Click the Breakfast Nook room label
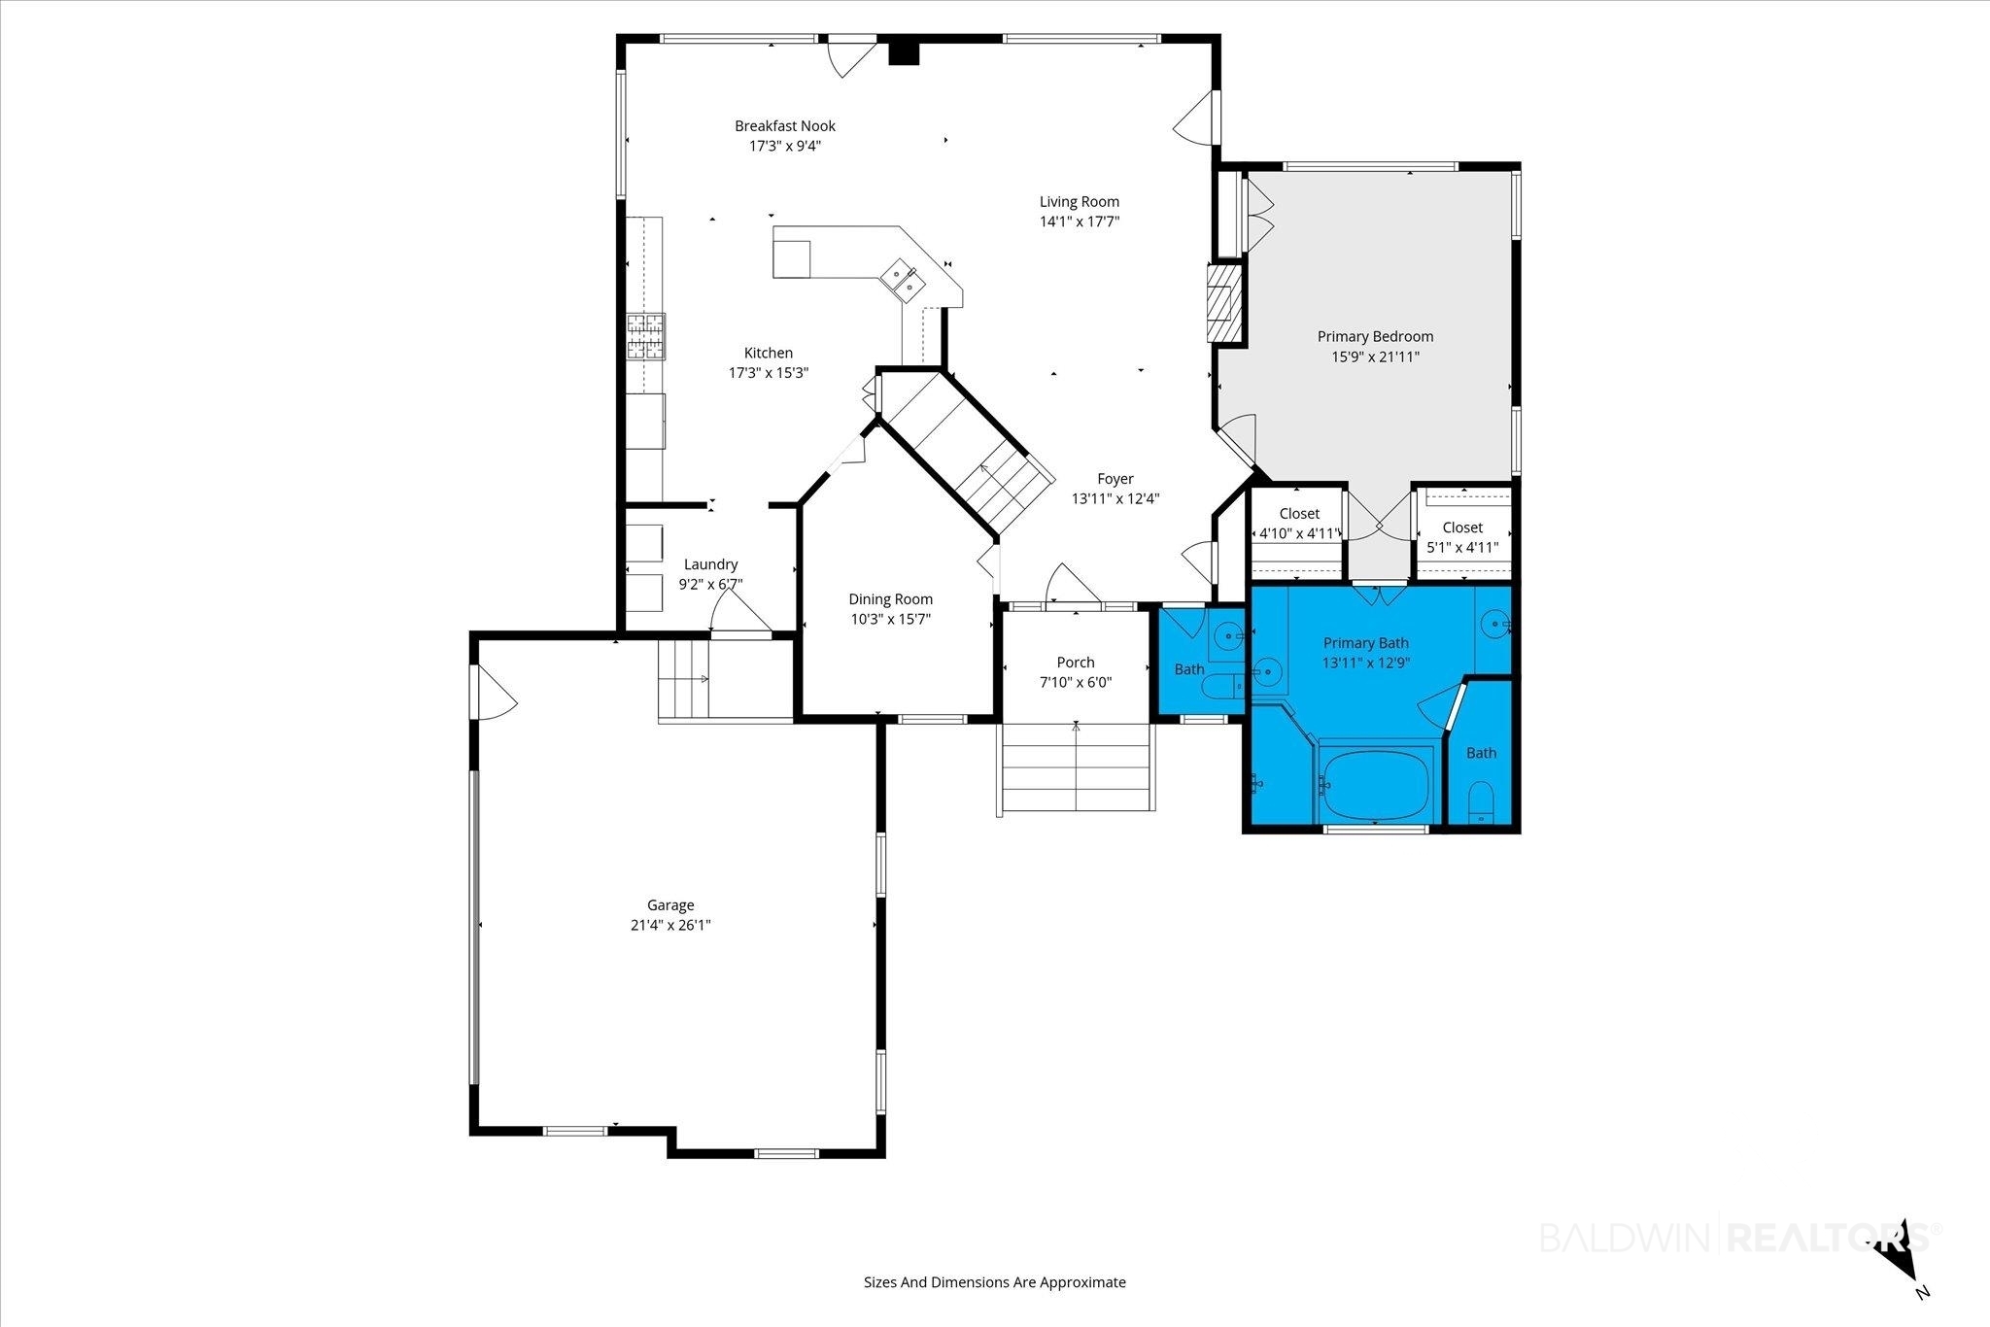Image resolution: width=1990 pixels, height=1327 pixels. click(x=785, y=126)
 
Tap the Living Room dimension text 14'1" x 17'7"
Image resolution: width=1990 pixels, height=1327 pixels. click(x=1080, y=221)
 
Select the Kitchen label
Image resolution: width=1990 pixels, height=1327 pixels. click(x=769, y=354)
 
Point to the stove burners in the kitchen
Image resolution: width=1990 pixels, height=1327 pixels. click(x=646, y=337)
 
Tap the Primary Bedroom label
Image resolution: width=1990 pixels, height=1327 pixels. click(x=1375, y=337)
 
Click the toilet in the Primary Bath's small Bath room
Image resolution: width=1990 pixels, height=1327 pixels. click(x=1480, y=802)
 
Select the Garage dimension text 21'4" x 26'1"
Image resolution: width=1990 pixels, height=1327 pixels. click(x=670, y=926)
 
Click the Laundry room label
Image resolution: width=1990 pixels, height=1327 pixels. click(x=711, y=564)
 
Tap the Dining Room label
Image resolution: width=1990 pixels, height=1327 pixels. click(x=891, y=599)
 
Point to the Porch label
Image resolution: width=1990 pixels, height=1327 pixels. click(x=1076, y=663)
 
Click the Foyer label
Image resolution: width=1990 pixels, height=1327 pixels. click(x=1115, y=479)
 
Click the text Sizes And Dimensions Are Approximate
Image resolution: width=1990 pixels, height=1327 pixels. click(x=995, y=1282)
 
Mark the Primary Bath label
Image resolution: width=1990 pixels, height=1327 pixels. click(x=1365, y=643)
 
